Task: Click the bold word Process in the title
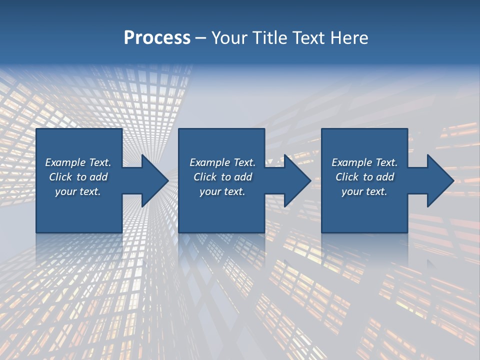click(157, 38)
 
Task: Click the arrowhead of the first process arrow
click(155, 180)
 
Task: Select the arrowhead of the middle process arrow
click(297, 180)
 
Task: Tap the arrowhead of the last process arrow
click(440, 180)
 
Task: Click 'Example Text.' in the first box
click(78, 162)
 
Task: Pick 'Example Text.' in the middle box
click(222, 162)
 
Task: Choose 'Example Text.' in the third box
click(364, 162)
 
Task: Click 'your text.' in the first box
click(78, 191)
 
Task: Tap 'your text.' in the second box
click(222, 191)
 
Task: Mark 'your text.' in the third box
click(364, 191)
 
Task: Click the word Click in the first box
click(60, 177)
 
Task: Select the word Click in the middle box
click(205, 177)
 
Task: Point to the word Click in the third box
click(347, 177)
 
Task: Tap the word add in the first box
click(99, 177)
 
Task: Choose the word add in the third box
click(385, 177)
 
